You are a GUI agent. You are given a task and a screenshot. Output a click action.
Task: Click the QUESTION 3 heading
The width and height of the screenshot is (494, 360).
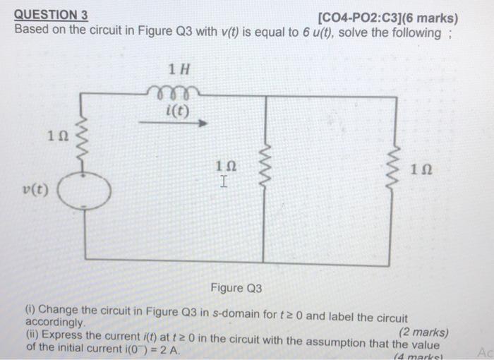pos(51,14)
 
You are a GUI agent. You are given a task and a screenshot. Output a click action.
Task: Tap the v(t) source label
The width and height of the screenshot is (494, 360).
pos(34,190)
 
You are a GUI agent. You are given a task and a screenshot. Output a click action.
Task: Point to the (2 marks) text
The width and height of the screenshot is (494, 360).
pos(423,332)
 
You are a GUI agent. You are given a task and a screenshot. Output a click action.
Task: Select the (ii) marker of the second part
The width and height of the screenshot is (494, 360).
pos(32,335)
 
